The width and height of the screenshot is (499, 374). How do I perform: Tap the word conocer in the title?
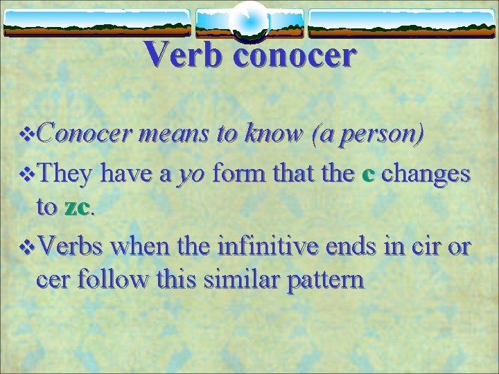point(295,54)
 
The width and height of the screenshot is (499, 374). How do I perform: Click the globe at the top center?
point(249,20)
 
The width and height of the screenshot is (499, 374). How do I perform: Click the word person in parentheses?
point(376,135)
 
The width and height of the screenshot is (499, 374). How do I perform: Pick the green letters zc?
point(77,208)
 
